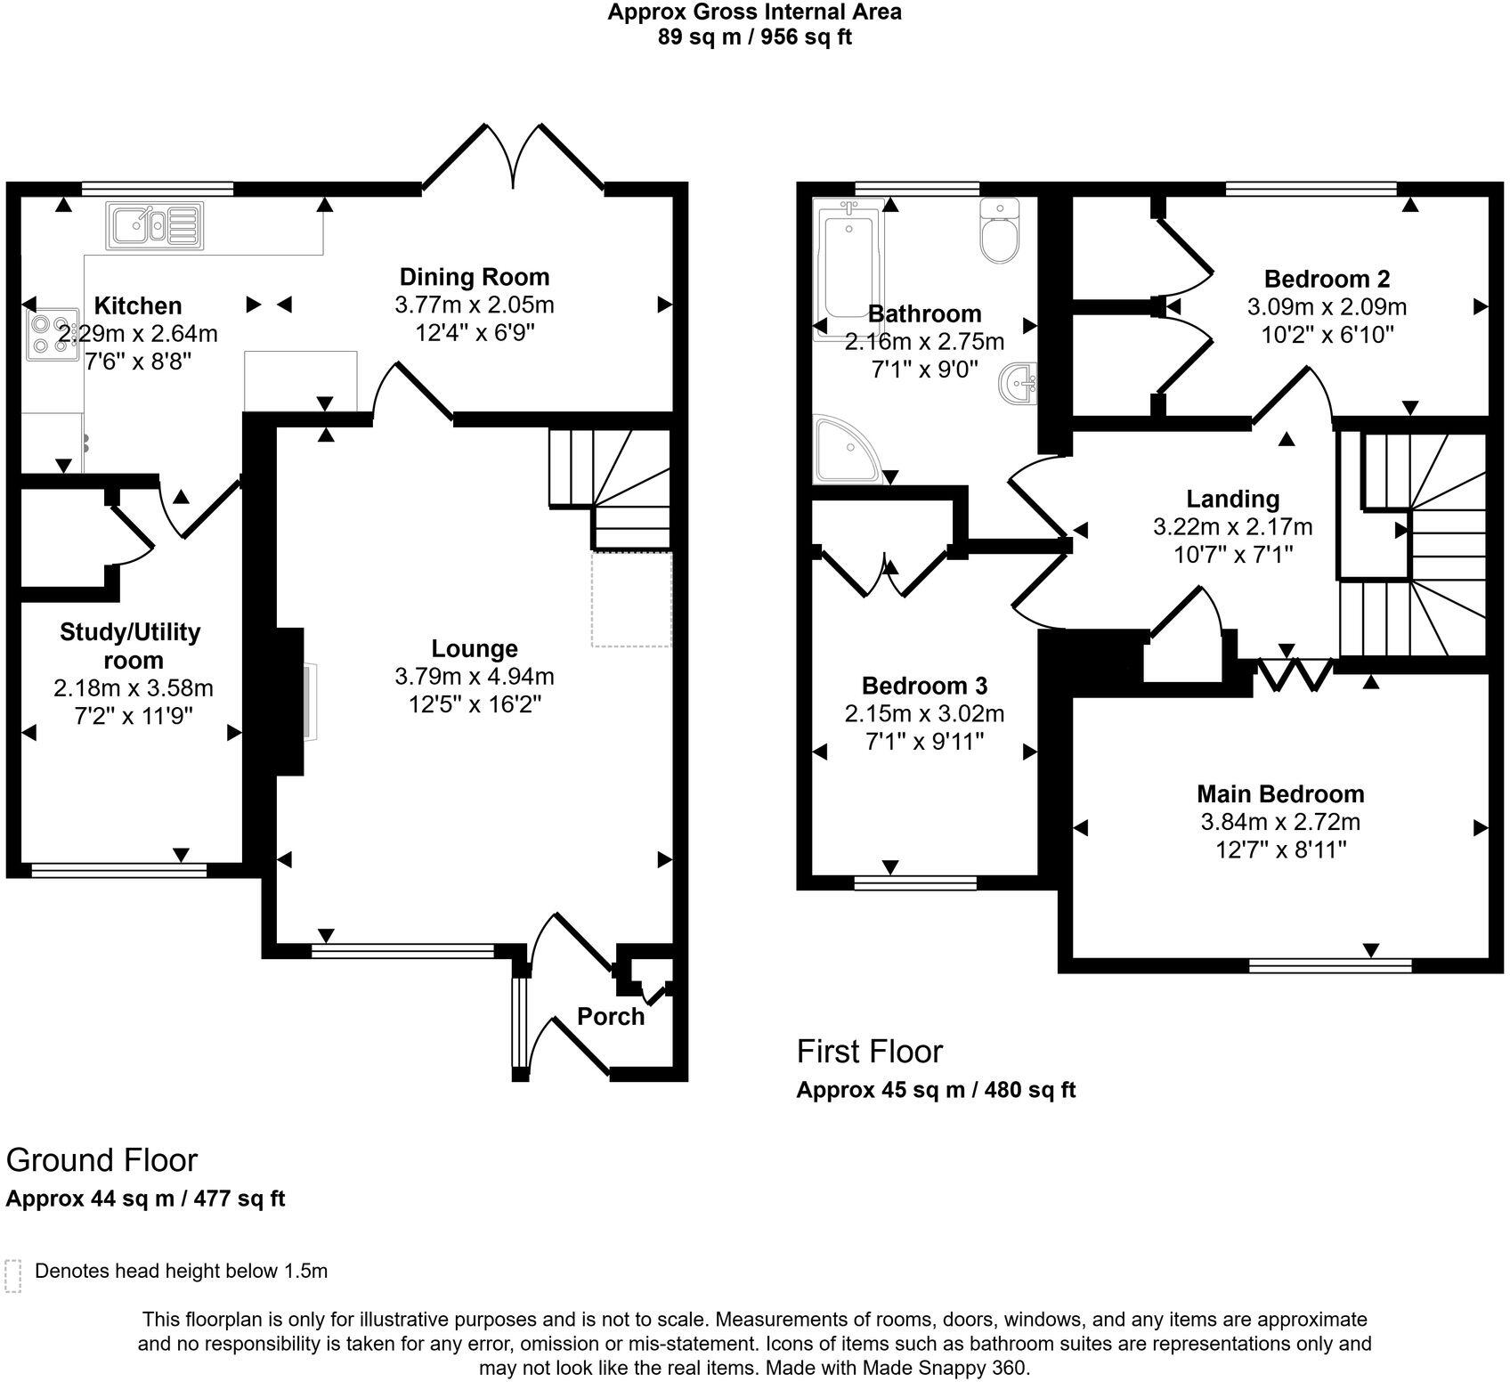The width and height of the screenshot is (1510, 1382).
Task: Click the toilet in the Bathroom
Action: pyautogui.click(x=999, y=232)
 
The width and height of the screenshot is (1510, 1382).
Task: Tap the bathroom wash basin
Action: pyautogui.click(x=1020, y=385)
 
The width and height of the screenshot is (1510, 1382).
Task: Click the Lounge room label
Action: pyautogui.click(x=474, y=649)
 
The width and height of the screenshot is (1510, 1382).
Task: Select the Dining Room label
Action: pyautogui.click(x=474, y=277)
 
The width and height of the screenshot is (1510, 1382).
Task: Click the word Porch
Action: pyautogui.click(x=610, y=1016)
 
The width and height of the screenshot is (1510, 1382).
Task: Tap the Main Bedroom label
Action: pyautogui.click(x=1279, y=793)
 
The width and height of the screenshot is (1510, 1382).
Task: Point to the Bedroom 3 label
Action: pyautogui.click(x=924, y=686)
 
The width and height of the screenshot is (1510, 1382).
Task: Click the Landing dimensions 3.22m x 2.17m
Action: pyautogui.click(x=1232, y=527)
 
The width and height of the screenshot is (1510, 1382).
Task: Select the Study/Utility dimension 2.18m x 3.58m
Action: pyautogui.click(x=134, y=688)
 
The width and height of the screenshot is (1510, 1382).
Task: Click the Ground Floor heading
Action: pyautogui.click(x=101, y=1160)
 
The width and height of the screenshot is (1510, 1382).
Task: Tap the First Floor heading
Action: pyautogui.click(x=869, y=1052)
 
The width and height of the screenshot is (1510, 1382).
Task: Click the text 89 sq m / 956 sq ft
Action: pyautogui.click(x=754, y=37)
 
